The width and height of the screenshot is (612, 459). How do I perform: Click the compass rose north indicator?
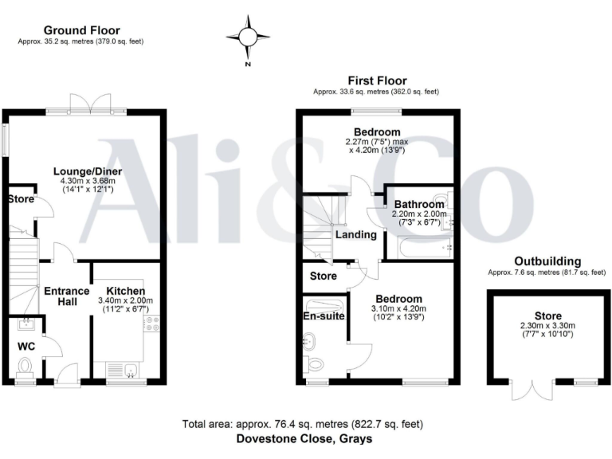point(248,37)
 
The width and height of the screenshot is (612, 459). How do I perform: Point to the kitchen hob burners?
point(151,323)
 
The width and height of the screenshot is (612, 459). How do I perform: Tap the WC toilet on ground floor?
point(25,366)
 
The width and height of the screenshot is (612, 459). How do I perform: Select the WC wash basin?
point(26,324)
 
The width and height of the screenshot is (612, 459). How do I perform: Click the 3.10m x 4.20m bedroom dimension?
point(398,309)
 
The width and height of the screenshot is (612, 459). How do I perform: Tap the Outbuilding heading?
point(547,261)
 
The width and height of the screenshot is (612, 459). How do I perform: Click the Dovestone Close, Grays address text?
point(304,439)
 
